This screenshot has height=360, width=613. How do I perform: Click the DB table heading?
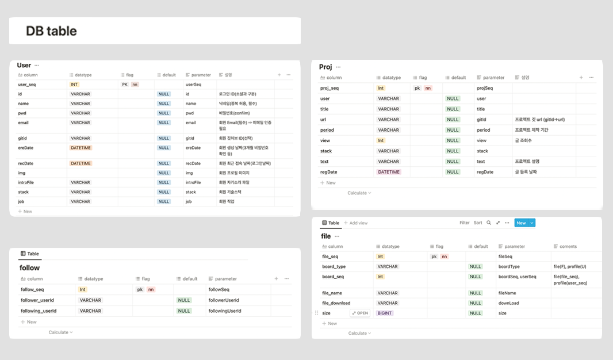(51, 31)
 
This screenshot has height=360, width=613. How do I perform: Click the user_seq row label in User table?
(27, 84)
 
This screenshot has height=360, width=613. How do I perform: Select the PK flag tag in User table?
(125, 84)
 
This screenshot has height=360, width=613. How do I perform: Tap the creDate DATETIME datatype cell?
(81, 148)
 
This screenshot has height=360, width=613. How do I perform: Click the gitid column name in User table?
(23, 138)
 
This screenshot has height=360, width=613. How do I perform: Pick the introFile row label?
(26, 182)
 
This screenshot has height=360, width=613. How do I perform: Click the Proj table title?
(325, 67)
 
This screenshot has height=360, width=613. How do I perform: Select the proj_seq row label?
(330, 88)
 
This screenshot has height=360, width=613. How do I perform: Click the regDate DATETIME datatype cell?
(389, 172)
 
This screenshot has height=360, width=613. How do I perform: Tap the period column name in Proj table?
(327, 130)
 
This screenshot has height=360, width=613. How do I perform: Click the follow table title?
(29, 267)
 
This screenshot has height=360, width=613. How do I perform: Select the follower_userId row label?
(37, 300)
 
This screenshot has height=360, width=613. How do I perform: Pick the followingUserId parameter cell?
(225, 311)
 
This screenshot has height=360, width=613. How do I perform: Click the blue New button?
(521, 223)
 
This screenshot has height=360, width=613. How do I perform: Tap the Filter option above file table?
(465, 223)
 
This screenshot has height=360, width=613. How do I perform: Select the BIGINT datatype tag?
(385, 313)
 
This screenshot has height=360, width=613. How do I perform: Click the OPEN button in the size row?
(360, 313)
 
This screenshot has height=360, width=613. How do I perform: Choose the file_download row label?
(336, 303)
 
